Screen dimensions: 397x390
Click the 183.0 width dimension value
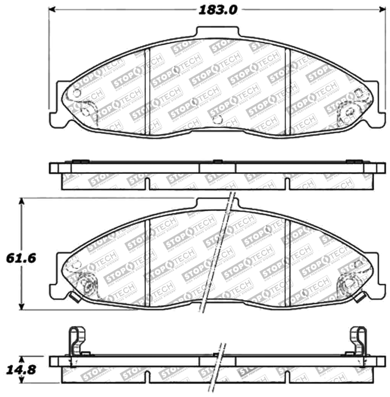click(218, 9)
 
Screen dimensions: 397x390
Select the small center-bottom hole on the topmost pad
click(218, 119)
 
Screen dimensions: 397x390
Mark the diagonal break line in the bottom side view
click(220, 368)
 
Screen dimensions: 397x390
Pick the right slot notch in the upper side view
click(288, 184)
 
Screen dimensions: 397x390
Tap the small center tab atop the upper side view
click(217, 161)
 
